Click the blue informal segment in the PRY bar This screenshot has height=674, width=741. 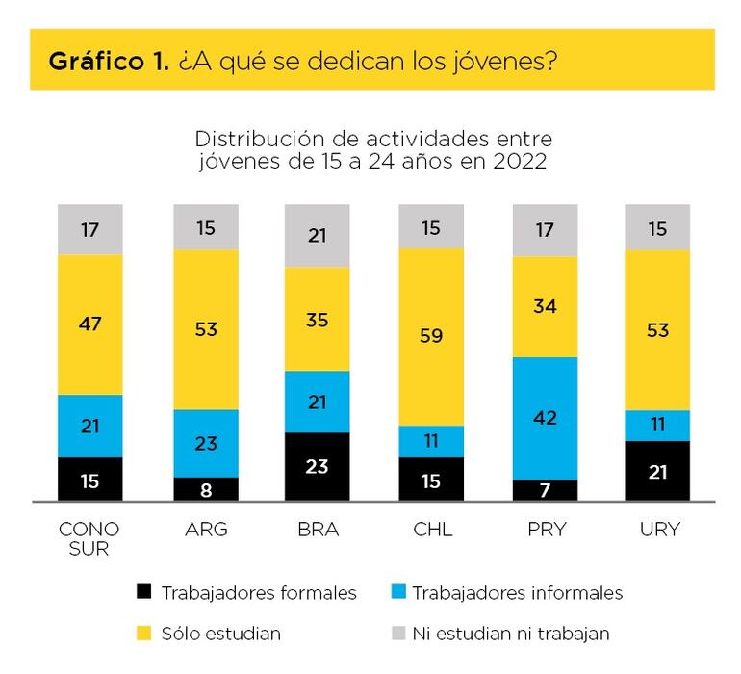[545, 418]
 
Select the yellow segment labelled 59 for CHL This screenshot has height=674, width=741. [431, 337]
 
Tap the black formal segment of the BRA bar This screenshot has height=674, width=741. [317, 466]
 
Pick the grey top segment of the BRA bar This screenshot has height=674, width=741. [317, 236]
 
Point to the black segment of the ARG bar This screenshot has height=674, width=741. [205, 489]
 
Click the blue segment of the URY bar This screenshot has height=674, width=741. [657, 426]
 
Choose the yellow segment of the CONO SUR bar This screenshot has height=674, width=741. [89, 324]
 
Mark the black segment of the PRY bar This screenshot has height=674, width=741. [545, 490]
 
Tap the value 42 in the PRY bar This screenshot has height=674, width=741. [545, 418]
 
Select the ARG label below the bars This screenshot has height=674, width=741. [205, 530]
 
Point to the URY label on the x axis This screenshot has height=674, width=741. [658, 530]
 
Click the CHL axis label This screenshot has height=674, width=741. [431, 530]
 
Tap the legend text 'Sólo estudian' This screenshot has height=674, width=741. [221, 635]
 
